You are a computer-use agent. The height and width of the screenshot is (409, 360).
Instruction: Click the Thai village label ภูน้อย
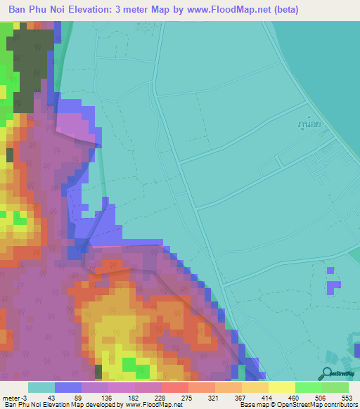[x=309, y=123]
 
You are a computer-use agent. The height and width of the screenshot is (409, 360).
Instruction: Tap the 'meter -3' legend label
[x=15, y=397]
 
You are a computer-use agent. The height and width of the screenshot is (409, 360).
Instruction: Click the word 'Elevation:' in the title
[x=98, y=10]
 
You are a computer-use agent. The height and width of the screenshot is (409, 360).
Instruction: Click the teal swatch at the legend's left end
[x=41, y=387]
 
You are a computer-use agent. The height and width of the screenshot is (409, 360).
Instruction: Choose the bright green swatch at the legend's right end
[x=335, y=387]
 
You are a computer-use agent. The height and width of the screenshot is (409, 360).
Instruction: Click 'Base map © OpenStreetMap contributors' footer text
[x=297, y=404]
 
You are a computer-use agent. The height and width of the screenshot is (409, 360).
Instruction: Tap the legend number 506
[x=321, y=397]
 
